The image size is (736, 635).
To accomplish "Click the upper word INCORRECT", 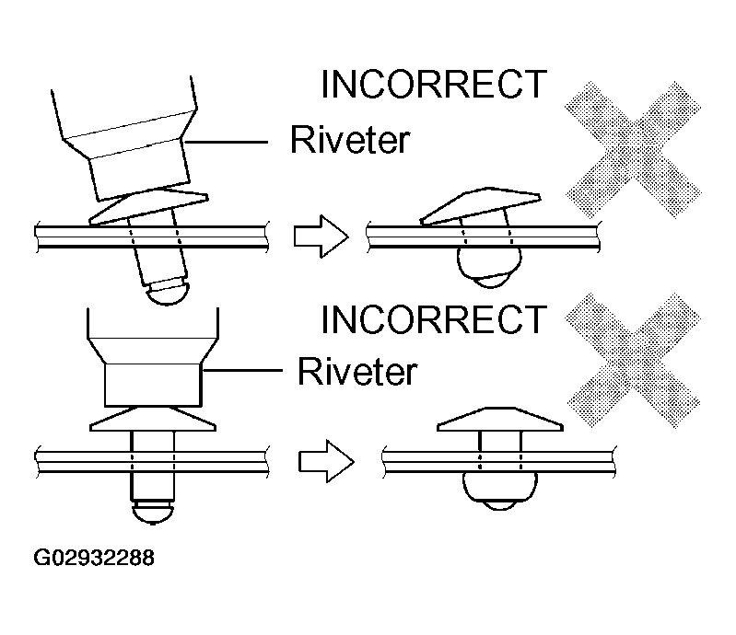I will [x=433, y=85].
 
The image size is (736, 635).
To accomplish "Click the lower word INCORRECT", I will [x=433, y=319].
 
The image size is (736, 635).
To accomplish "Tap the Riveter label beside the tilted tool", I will [x=349, y=140].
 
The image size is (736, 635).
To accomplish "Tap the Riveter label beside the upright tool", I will [x=356, y=373].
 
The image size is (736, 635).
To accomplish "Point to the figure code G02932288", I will [x=94, y=558].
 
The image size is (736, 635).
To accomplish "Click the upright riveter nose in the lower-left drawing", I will [x=152, y=383].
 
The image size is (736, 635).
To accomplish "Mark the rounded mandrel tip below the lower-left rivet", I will [x=153, y=512].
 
